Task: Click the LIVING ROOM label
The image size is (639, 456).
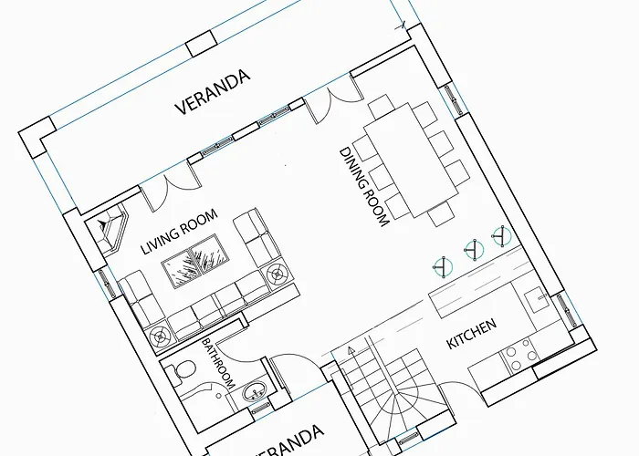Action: tap(179, 232)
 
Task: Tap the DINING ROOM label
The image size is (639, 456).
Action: tap(364, 187)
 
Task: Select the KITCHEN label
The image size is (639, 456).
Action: tap(472, 334)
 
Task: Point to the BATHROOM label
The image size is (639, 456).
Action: tap(218, 363)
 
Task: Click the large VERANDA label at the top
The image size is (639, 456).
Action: tap(213, 92)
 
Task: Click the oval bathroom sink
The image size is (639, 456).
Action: tap(255, 391)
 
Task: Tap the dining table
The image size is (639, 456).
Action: tap(411, 160)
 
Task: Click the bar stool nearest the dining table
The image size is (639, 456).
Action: tap(502, 235)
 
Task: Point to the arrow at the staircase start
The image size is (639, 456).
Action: tap(351, 349)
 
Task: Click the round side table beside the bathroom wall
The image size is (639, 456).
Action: tap(161, 337)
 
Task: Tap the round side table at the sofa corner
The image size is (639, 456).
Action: tap(278, 275)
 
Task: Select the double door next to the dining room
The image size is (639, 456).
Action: tap(334, 102)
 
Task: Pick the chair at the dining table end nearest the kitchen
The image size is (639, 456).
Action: tap(441, 212)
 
